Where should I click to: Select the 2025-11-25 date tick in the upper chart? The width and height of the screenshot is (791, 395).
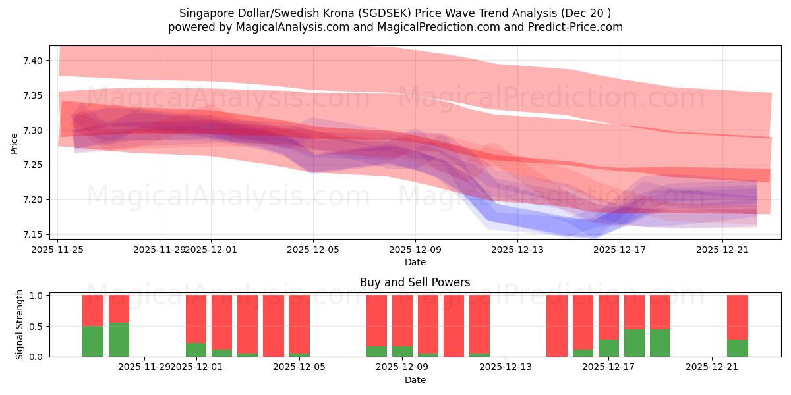pos(57,250)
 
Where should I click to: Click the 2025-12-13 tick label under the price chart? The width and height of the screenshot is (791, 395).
pos(517,250)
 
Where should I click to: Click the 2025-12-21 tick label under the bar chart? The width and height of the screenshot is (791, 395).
pos(712,367)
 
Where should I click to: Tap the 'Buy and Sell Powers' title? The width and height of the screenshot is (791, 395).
pos(415,282)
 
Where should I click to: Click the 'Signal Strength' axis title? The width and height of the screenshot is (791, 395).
pos(20,325)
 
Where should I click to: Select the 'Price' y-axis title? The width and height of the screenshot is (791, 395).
pos(15,144)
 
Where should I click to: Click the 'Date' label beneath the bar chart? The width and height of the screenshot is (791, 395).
pos(415,380)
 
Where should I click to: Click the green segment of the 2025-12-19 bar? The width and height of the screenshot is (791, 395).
pos(660,342)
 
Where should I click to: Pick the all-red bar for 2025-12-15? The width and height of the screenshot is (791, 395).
pos(557,326)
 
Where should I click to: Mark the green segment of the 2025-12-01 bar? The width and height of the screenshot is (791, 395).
pos(196,350)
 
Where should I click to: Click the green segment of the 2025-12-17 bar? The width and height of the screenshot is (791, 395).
pos(608,348)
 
